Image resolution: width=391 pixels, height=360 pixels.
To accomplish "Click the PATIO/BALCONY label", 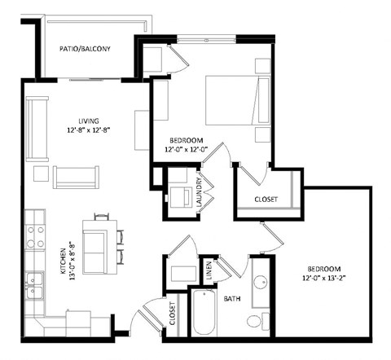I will coord(85,50).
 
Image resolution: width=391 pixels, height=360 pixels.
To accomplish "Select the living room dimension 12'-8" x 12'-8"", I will coord(82,129).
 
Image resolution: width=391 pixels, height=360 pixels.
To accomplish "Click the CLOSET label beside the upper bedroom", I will coord(266,200).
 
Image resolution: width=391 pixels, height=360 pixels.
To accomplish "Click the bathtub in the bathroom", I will coord(205,314).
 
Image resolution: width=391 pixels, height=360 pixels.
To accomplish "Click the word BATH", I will coord(232,299).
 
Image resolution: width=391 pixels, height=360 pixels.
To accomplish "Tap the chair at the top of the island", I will coord(102,217).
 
